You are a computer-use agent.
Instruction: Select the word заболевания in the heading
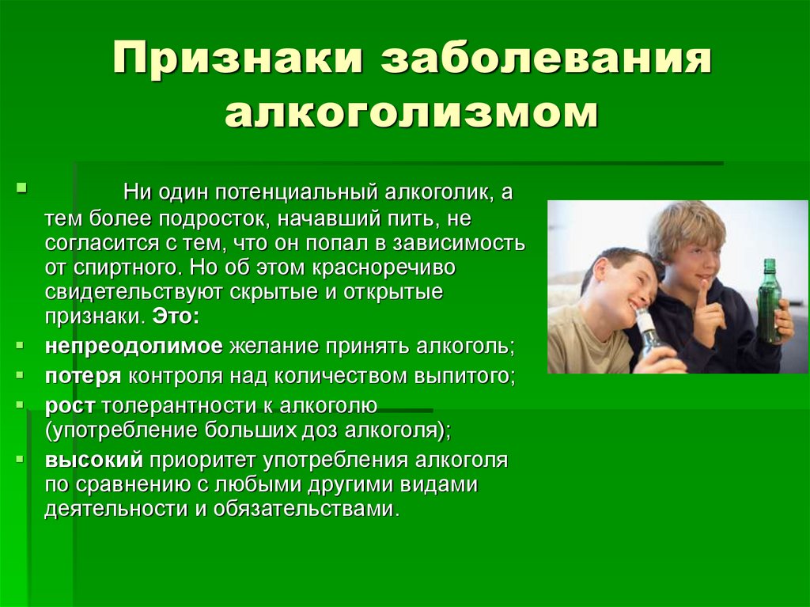(547, 62)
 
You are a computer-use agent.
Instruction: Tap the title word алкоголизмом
(411, 112)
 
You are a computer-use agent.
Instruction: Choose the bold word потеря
(83, 376)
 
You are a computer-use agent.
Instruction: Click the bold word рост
(70, 405)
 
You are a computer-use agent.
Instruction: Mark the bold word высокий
(93, 460)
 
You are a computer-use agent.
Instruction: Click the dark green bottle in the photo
(768, 301)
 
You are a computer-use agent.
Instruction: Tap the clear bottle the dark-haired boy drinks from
(648, 332)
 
